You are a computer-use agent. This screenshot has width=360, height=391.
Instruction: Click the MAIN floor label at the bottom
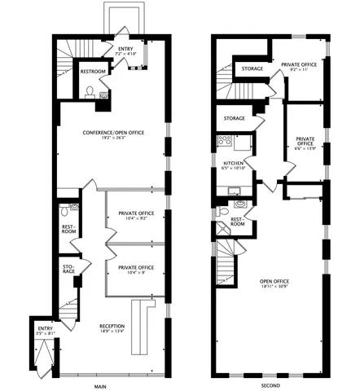point(101,385)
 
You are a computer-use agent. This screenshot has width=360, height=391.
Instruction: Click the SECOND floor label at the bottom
point(272,385)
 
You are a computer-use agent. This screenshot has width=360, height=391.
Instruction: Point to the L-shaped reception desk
point(140,325)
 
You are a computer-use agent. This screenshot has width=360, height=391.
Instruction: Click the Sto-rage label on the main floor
point(68,270)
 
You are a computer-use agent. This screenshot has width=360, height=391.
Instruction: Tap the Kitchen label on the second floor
point(235,165)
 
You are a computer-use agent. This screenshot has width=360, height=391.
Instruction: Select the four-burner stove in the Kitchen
point(226,143)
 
